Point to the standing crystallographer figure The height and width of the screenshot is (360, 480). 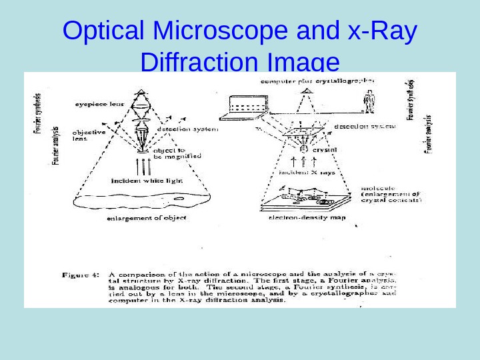click(369, 103)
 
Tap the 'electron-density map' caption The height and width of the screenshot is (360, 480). click(306, 218)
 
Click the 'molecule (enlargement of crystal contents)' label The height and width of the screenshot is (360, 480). click(391, 194)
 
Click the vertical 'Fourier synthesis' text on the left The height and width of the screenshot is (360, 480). click(37, 113)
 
